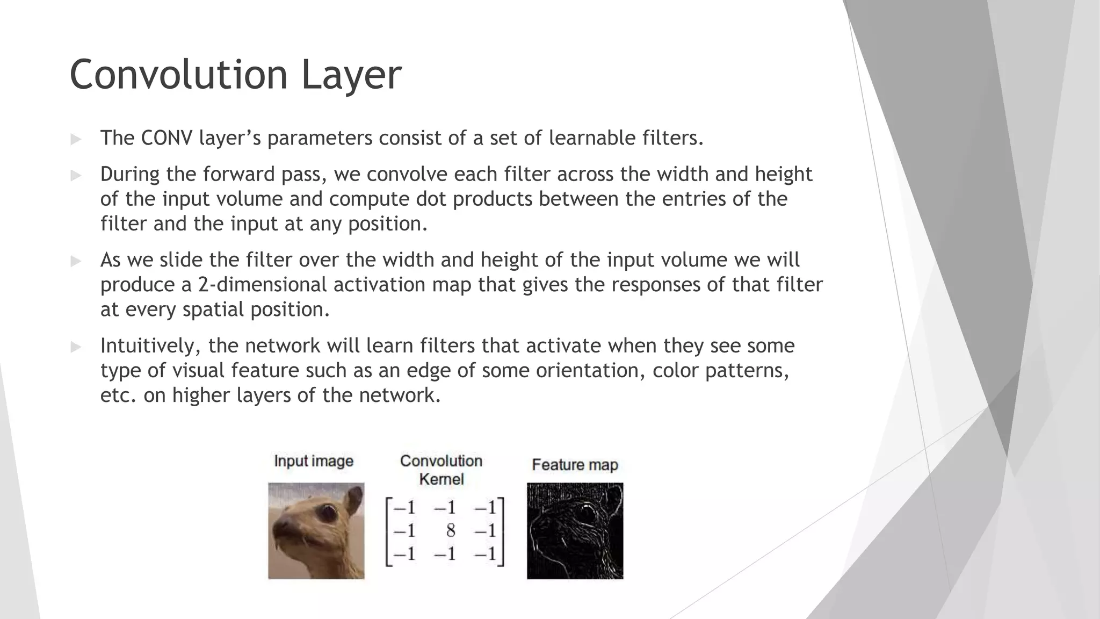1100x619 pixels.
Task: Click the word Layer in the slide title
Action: coord(351,75)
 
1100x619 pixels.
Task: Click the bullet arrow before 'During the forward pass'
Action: coord(76,175)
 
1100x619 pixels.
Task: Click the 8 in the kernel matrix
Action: coord(450,531)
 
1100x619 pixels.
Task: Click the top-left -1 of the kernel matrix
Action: coord(404,508)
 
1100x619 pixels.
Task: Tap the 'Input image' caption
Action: coord(314,461)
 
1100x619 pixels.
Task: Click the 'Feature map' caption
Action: coord(575,465)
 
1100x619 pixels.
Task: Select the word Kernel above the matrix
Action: coord(441,479)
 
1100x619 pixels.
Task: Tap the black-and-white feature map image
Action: coord(575,531)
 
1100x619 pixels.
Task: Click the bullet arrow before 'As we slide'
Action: coord(76,261)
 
